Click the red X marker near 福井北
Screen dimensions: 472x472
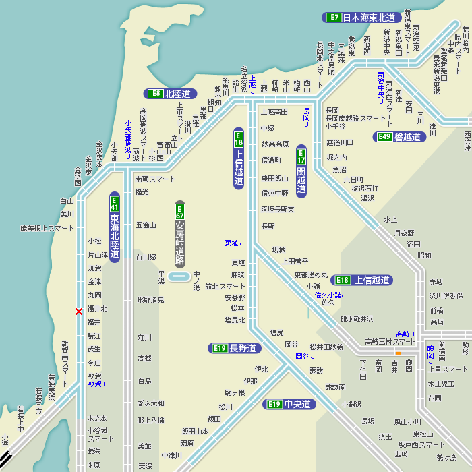click(x=79, y=312)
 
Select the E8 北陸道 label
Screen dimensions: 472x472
click(x=171, y=94)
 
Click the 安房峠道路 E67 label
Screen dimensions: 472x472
click(x=180, y=234)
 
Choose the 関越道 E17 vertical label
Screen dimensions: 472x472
click(x=301, y=171)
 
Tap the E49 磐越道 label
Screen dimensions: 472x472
click(x=400, y=136)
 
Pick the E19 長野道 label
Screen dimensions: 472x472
click(x=234, y=348)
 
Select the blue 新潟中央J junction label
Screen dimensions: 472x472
click(x=381, y=88)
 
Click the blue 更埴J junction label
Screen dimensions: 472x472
click(x=234, y=243)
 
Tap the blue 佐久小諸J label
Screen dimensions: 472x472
click(x=330, y=295)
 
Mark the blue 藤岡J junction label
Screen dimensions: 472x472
click(x=430, y=354)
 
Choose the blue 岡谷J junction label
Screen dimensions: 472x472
click(x=305, y=356)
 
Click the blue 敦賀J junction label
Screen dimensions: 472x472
click(x=96, y=384)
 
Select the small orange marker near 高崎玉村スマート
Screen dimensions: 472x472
click(x=398, y=352)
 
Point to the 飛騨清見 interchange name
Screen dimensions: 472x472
click(x=150, y=299)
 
